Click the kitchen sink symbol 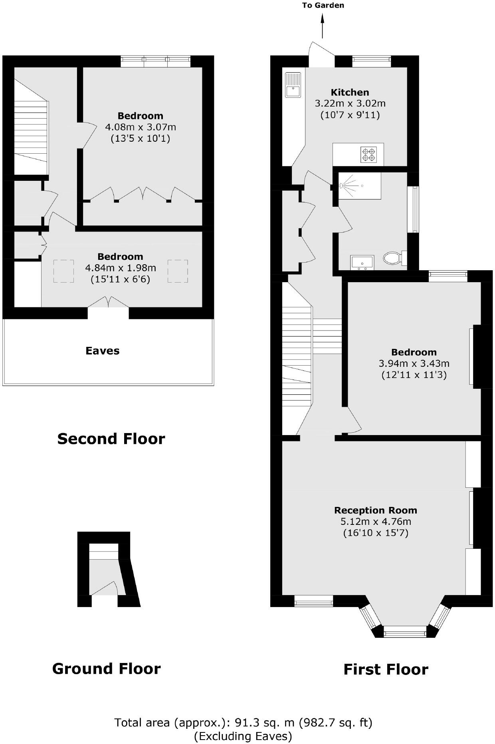(293, 85)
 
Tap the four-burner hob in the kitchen (368, 154)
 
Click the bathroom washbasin (362, 262)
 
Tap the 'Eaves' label (103, 351)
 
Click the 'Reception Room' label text (375, 510)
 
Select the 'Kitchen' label (350, 92)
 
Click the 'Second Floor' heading (111, 439)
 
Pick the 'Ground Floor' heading (106, 669)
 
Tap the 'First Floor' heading (386, 669)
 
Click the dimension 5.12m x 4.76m (375, 521)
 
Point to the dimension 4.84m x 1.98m (120, 267)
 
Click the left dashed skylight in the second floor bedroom (63, 271)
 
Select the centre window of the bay (405, 631)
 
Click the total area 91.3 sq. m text (243, 722)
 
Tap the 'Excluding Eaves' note (243, 736)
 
